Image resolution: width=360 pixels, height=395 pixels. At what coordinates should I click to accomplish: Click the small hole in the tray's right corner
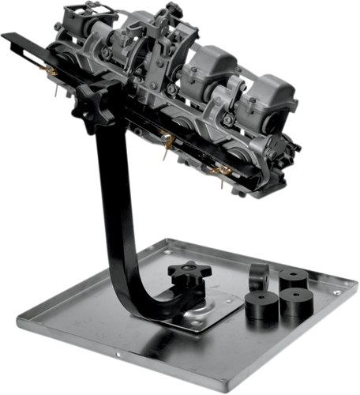pos(337,292)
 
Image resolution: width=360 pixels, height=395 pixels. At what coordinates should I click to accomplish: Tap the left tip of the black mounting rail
pos(5,36)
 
